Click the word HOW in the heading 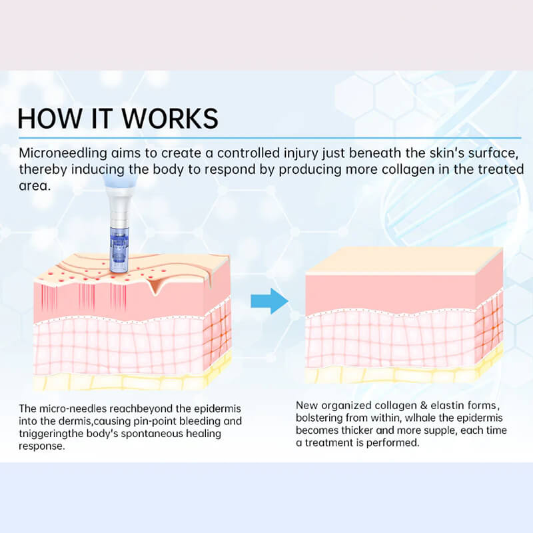coord(49,119)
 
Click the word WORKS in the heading coord(170,119)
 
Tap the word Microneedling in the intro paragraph coord(63,153)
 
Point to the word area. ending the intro coord(35,186)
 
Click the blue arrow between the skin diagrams coord(270,301)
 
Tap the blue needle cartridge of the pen coord(119,249)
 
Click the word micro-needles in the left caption coord(73,408)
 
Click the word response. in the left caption coord(41,446)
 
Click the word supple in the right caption coord(436,431)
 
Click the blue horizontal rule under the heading coord(270,138)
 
